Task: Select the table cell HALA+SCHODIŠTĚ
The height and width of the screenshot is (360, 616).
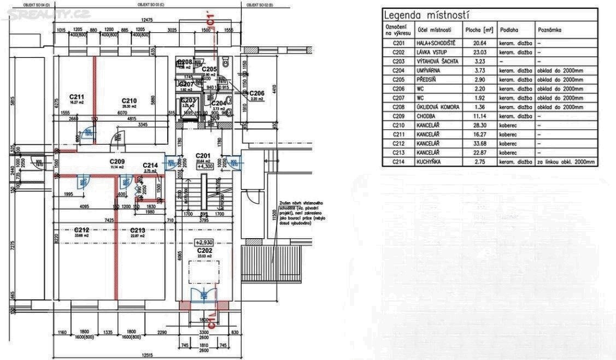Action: [436, 43]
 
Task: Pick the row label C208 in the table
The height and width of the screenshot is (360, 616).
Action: [400, 107]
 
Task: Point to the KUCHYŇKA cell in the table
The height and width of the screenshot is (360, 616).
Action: [430, 162]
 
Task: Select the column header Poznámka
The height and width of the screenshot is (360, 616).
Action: [549, 30]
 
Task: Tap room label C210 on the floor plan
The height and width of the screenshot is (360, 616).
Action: [129, 101]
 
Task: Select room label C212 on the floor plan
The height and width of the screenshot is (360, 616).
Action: [81, 230]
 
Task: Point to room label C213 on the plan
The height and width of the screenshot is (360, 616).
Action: [137, 230]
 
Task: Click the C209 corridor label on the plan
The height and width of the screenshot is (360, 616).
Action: [117, 162]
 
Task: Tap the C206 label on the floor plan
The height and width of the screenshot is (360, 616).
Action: [257, 93]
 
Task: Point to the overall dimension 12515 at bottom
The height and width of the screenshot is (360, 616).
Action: [145, 355]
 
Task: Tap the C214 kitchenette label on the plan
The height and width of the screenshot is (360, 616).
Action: [150, 165]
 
